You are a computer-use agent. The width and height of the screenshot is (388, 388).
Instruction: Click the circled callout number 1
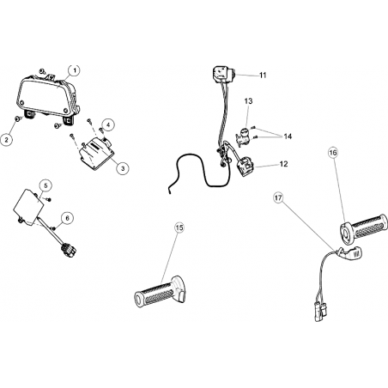click(74, 70)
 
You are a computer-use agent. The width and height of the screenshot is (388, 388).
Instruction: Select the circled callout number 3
click(123, 168)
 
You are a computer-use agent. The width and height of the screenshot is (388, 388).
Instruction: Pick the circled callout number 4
click(108, 125)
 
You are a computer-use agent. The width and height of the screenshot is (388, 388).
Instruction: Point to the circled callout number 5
click(46, 185)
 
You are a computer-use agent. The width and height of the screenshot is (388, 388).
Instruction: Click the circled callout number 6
click(67, 218)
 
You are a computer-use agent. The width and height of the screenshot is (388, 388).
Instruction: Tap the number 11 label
click(263, 76)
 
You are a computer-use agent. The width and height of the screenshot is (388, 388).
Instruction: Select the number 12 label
click(283, 164)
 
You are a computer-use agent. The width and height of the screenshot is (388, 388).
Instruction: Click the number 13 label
click(248, 101)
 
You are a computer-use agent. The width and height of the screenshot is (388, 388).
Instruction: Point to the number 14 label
click(288, 136)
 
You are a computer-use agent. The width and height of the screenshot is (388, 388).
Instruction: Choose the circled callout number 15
click(179, 227)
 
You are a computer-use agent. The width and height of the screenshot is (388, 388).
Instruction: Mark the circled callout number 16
click(333, 153)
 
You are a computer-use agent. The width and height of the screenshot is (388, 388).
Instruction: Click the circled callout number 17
click(278, 197)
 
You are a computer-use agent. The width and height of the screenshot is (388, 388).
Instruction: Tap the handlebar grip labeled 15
click(160, 292)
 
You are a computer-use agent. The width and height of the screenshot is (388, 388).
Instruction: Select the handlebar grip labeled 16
click(363, 228)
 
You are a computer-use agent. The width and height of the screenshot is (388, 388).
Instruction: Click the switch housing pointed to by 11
click(223, 73)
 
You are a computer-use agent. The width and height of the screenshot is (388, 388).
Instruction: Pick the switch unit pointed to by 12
click(245, 167)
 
